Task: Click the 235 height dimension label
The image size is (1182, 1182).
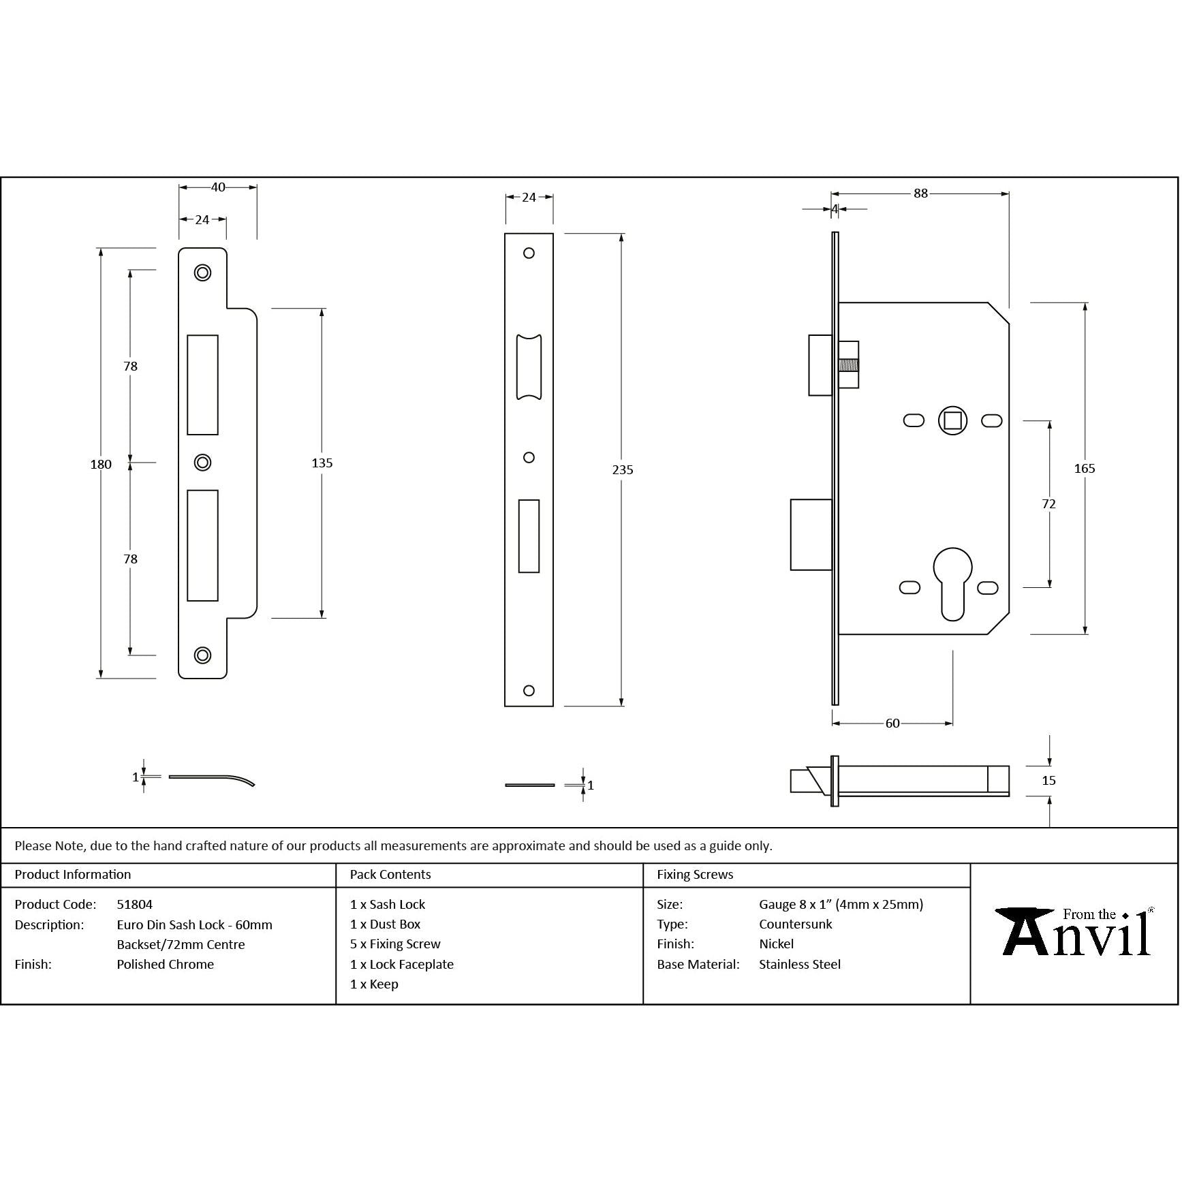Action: (x=622, y=470)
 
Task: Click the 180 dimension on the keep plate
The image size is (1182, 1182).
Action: (x=101, y=465)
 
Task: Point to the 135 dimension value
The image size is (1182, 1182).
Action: (x=322, y=463)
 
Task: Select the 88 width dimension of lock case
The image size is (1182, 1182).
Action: (x=920, y=193)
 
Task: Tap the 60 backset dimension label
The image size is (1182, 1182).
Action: (x=892, y=724)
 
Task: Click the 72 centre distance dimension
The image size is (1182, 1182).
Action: (x=1048, y=504)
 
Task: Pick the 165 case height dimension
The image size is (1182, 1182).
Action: (x=1084, y=469)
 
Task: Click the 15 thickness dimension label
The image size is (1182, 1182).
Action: (x=1048, y=781)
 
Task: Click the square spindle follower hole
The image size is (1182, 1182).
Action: (x=952, y=420)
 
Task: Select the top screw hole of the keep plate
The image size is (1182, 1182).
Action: (x=202, y=273)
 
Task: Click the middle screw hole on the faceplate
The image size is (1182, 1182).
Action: (x=529, y=458)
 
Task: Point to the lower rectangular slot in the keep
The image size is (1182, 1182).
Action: (x=202, y=545)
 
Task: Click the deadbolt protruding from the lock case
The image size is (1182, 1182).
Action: (x=811, y=535)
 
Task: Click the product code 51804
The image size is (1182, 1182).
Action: (x=135, y=905)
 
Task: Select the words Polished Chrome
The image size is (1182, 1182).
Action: (x=165, y=965)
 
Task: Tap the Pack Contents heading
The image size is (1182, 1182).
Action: (x=390, y=875)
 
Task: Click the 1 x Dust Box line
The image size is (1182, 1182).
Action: (x=386, y=924)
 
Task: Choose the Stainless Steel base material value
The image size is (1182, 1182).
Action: (x=800, y=965)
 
